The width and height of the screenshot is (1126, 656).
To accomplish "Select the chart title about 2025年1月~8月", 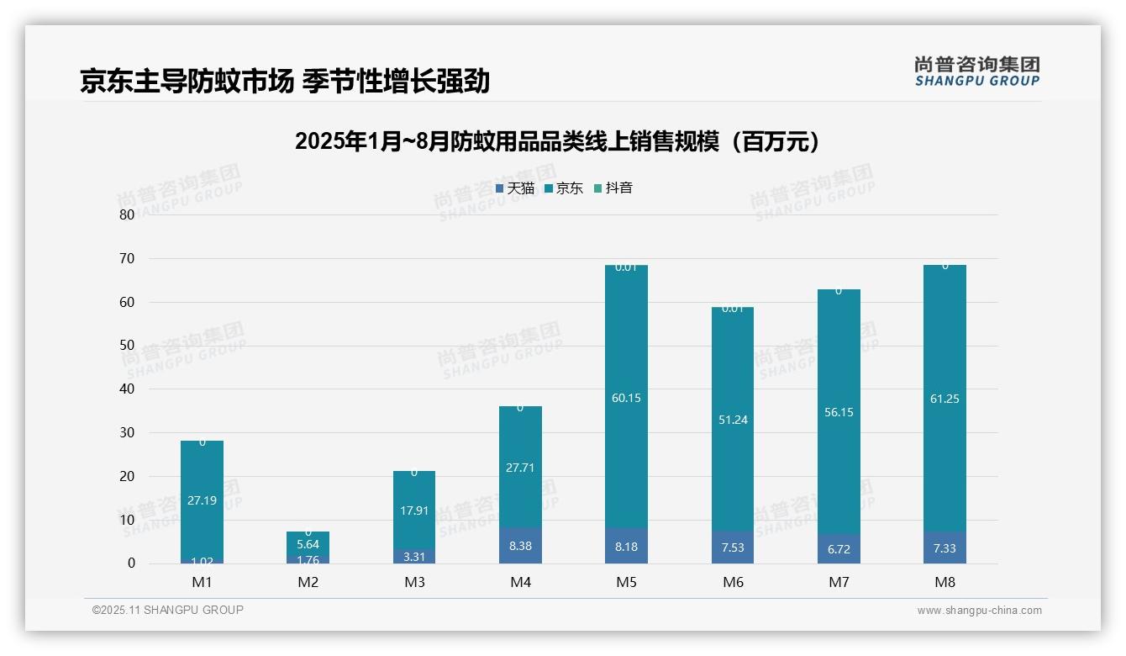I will [x=556, y=141].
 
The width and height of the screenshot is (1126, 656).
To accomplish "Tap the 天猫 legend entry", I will [x=515, y=188].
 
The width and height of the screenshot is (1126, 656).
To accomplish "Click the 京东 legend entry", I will [x=564, y=188].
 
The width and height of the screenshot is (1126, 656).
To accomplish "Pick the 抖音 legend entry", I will [x=613, y=188].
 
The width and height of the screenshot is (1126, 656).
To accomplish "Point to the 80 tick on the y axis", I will [x=127, y=214].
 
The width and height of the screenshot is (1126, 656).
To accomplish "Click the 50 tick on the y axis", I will [x=127, y=346].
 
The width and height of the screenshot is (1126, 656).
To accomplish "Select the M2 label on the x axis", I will [x=308, y=582].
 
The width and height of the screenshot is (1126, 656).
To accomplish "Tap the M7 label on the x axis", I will [x=839, y=582].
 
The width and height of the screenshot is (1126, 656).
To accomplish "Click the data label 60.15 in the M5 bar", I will [x=626, y=398].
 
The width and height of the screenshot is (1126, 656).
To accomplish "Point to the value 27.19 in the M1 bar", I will [x=202, y=500].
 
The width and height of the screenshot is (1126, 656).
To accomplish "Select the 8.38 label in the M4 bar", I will [x=520, y=545].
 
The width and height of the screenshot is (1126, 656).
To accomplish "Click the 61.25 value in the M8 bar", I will [x=944, y=399].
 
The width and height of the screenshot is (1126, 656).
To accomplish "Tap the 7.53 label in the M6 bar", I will [x=733, y=548].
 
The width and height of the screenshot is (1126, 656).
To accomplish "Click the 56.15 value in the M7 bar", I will [x=839, y=412].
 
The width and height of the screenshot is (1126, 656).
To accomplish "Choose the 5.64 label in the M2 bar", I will [x=308, y=544].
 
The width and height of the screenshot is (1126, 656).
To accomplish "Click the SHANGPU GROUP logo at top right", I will [x=976, y=71].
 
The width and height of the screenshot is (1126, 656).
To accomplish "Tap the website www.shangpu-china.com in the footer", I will [x=979, y=611].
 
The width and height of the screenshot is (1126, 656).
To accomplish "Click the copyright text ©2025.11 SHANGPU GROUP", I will [x=168, y=610].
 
